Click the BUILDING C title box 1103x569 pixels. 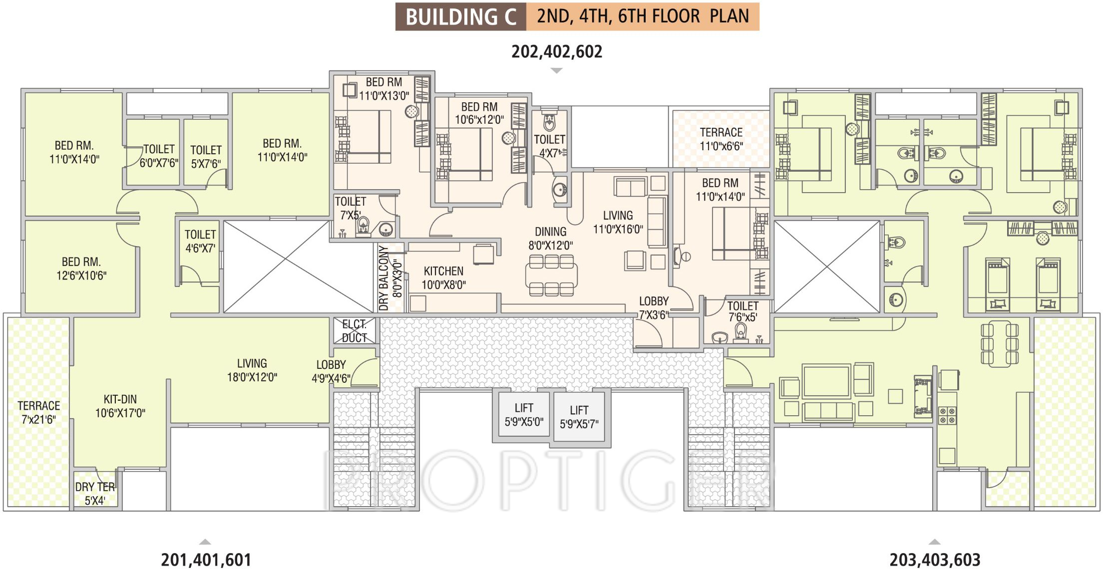point(460,16)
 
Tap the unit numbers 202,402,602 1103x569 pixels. point(557,51)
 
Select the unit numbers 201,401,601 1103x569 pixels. point(206,560)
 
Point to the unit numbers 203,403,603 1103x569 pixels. point(935,560)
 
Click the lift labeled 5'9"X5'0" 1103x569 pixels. point(524,414)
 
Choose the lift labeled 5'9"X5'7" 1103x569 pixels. point(579,417)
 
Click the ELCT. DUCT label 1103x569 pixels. point(355,331)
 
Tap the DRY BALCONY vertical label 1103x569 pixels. point(383,278)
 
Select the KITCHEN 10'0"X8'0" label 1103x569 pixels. point(443,278)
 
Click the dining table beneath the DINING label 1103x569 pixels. point(551,276)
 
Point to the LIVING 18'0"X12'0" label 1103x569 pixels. point(252,370)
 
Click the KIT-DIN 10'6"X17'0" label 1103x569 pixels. point(120,406)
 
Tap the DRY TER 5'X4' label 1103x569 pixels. point(95,494)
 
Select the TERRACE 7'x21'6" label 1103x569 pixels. point(38,412)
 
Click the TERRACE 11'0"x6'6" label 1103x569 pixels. point(721,139)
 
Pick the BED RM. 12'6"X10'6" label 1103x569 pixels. point(81,269)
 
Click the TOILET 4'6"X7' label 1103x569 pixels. point(200,241)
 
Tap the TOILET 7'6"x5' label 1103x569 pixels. point(742,311)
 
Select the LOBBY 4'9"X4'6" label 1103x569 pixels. point(331,371)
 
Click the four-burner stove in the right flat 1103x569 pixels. point(947,415)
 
